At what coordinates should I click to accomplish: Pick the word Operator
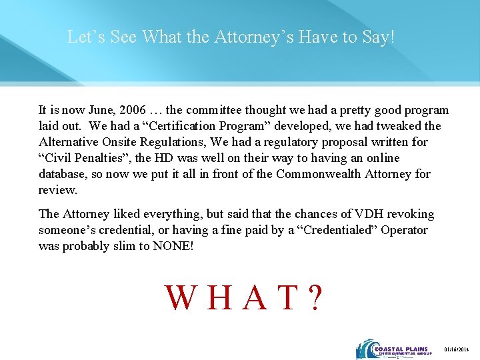point(402,230)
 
